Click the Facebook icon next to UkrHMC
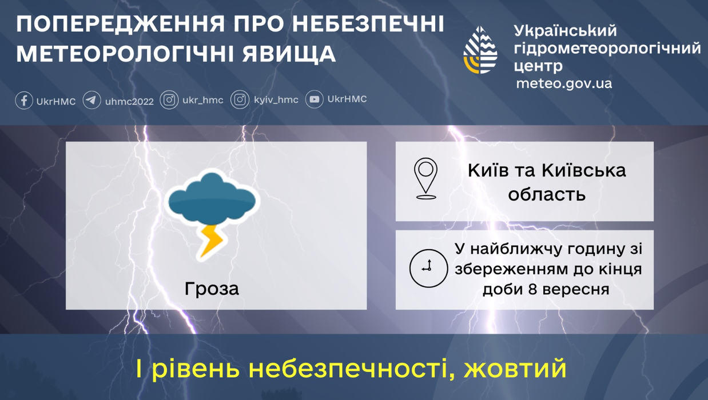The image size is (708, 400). (23, 101)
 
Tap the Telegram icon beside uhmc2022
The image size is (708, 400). (92, 101)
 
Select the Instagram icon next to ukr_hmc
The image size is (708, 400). (169, 100)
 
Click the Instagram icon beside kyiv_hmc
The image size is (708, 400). (240, 100)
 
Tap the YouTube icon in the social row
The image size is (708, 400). (314, 99)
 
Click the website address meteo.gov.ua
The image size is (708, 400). (564, 83)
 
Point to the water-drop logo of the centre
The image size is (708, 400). (480, 50)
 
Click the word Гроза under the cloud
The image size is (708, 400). (212, 289)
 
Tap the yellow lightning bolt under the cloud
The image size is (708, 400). (212, 241)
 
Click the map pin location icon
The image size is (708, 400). (425, 178)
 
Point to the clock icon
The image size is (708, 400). (428, 269)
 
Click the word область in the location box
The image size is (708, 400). (547, 194)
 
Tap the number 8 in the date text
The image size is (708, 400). (533, 290)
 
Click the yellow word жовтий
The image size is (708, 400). (515, 369)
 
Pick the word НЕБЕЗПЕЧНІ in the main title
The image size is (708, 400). (368, 23)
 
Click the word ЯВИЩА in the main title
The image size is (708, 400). (289, 54)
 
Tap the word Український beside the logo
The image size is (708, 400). (565, 31)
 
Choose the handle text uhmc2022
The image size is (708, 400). (129, 102)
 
